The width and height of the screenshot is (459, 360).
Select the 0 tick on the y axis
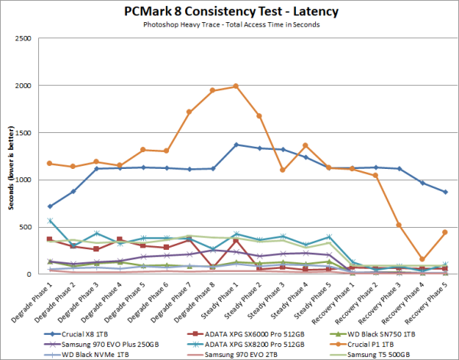[30, 274]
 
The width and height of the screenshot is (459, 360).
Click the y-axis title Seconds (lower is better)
[8, 156]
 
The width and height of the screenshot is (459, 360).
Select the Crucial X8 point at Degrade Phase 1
[50, 206]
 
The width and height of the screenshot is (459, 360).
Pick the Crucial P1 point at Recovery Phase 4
[422, 260]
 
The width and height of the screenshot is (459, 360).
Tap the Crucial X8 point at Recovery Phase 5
[444, 192]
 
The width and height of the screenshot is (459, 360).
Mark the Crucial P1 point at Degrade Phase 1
[50, 164]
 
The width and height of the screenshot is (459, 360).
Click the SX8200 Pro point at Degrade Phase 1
[50, 221]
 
